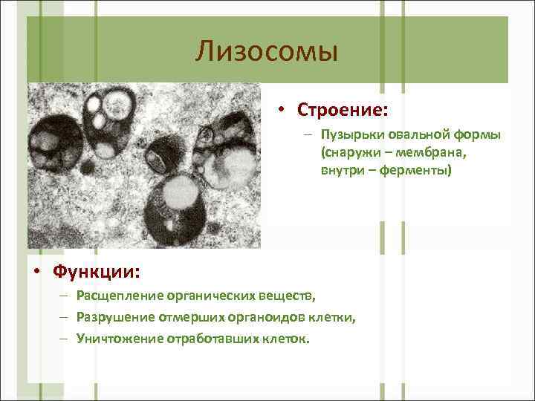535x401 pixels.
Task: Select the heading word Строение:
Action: [x=343, y=110]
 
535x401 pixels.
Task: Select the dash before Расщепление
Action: [x=65, y=297]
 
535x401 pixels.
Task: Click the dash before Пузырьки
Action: [x=308, y=135]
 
